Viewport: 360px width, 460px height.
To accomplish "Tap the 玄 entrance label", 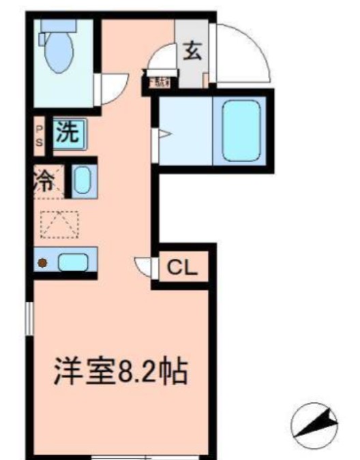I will [192, 52].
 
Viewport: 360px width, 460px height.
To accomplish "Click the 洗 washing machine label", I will [67, 132].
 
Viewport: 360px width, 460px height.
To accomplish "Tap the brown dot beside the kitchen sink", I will [42, 262].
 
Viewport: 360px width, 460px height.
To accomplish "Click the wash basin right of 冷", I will [81, 180].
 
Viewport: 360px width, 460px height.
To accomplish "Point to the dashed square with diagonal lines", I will [59, 224].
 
